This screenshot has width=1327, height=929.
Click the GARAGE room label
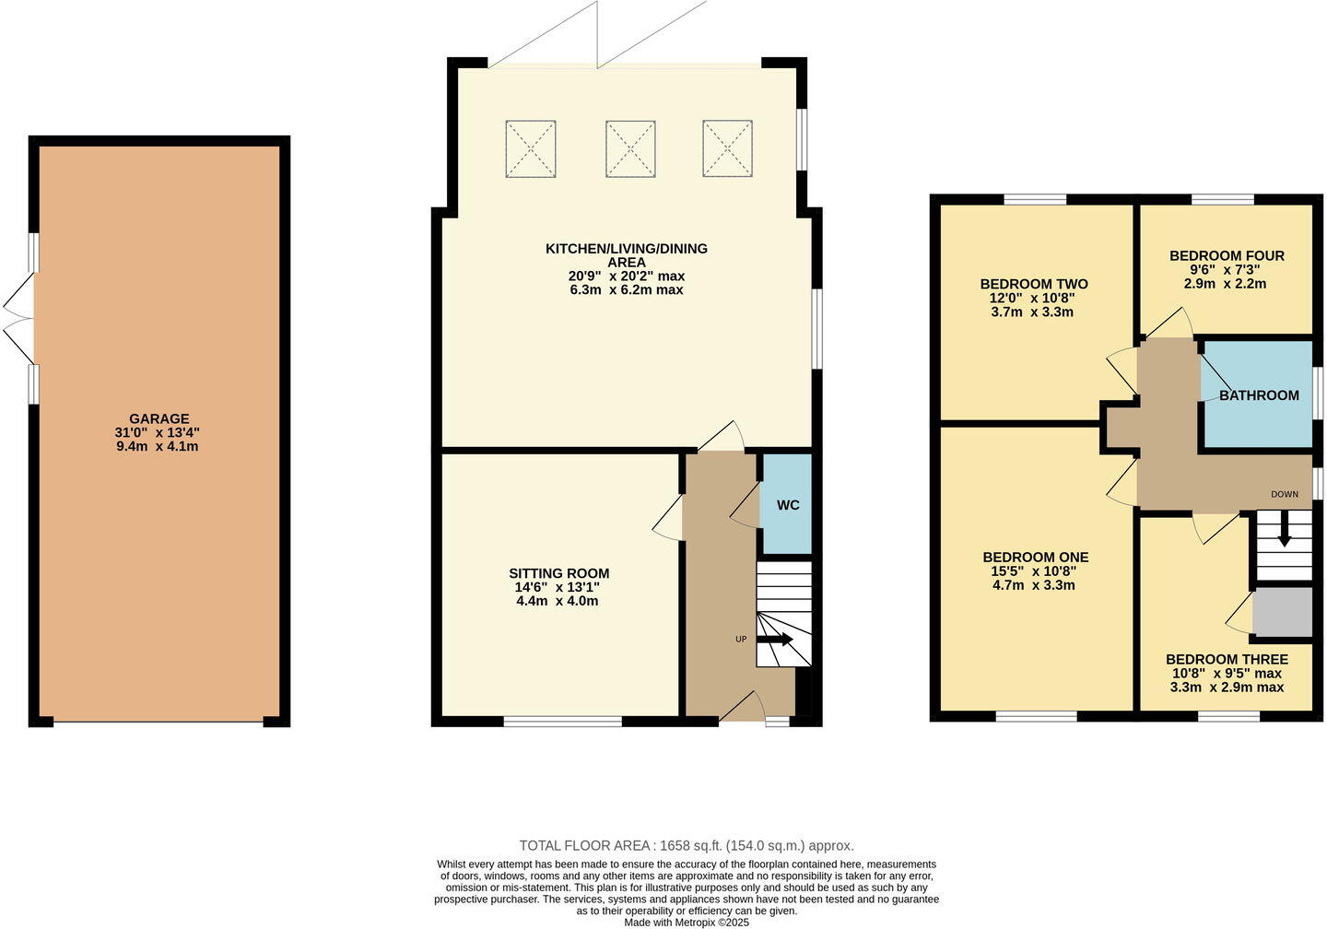point(159,418)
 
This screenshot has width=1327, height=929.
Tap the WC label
point(788,505)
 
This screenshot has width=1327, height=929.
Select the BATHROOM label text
point(1259,395)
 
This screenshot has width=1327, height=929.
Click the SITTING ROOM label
point(558,573)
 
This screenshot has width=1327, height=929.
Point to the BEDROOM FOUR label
point(1227,256)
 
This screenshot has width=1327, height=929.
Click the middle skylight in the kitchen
point(630,148)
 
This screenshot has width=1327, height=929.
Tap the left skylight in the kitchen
point(531,148)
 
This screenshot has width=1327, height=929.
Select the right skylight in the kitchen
point(728,148)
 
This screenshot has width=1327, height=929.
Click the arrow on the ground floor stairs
point(776,639)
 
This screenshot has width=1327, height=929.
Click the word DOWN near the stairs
point(1285,495)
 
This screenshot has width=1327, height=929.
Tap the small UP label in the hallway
point(740,639)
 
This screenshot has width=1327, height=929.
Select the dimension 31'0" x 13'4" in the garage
point(158,432)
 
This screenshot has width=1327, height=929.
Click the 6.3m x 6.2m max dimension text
point(627,289)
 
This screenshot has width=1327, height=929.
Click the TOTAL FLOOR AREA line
point(687,845)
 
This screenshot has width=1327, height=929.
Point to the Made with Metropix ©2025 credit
point(687,922)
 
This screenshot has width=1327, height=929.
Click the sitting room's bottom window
point(563,722)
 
